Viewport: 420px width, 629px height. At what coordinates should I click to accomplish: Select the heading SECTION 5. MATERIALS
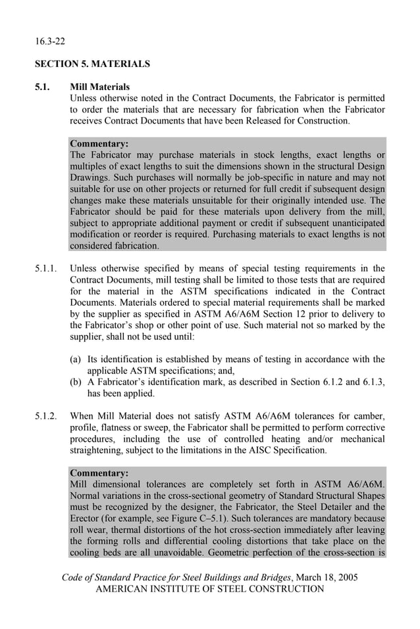[x=92, y=64]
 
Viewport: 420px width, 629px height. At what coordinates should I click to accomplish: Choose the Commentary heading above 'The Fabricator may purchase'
[x=99, y=143]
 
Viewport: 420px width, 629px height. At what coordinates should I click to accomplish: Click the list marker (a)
[x=76, y=359]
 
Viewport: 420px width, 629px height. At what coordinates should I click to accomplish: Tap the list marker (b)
[x=76, y=382]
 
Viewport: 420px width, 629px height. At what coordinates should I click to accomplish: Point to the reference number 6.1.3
[x=373, y=382]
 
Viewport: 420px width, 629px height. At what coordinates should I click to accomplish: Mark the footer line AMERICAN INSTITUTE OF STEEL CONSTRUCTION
[x=210, y=589]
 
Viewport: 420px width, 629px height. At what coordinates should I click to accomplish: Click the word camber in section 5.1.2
[x=369, y=416]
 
